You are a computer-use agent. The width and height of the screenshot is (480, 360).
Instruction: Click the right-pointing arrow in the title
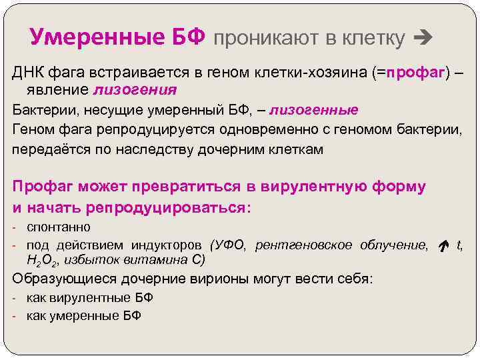click(x=423, y=38)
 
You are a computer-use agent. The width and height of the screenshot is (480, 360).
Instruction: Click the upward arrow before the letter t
click(x=442, y=246)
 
